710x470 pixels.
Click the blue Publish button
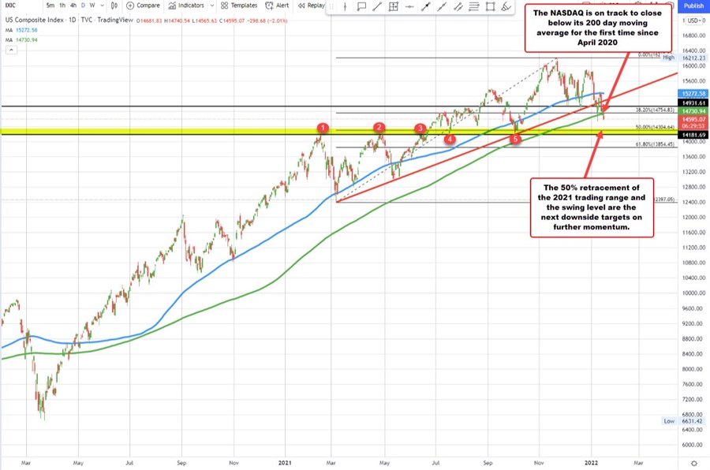point(693,6)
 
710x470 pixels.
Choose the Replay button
point(311,6)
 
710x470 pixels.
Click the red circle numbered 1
point(322,128)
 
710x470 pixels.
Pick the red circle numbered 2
point(379,127)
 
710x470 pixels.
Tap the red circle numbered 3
point(420,128)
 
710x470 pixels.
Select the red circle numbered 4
point(450,140)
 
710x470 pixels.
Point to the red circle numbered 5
point(516,140)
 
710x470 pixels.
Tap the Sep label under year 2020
point(182,461)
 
